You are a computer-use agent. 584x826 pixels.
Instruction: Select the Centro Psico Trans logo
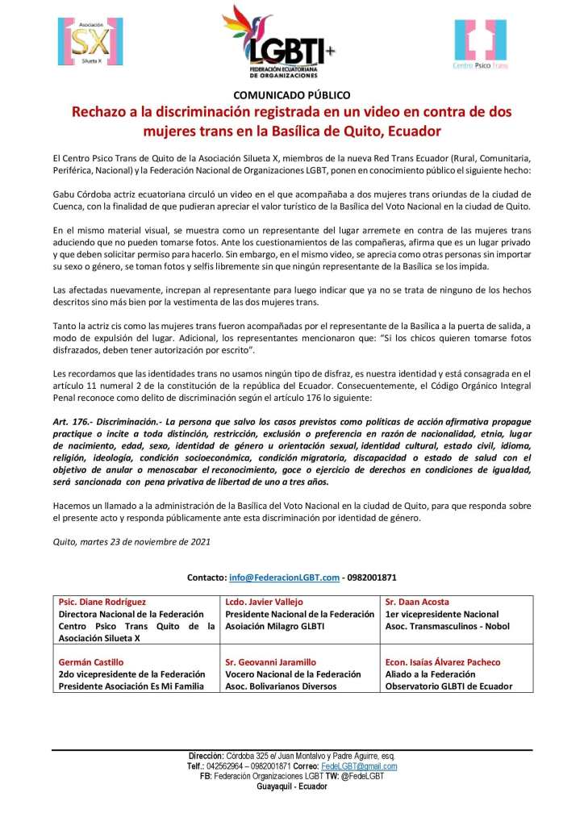pyautogui.click(x=480, y=44)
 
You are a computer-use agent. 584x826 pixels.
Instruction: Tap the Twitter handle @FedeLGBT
pyautogui.click(x=359, y=776)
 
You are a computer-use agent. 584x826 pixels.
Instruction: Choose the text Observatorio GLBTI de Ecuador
pyautogui.click(x=448, y=686)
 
